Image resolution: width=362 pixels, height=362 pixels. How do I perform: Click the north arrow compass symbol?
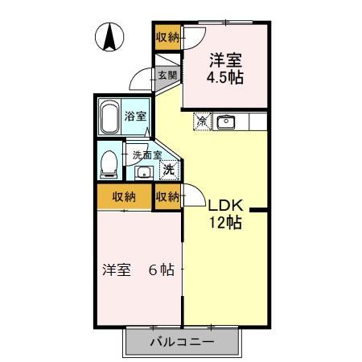click(x=109, y=37)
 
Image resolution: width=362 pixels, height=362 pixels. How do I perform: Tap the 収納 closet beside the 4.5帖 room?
click(x=168, y=37)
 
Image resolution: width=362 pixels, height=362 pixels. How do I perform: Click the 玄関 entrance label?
click(x=167, y=75)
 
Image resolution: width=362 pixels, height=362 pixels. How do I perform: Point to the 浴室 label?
click(x=136, y=116)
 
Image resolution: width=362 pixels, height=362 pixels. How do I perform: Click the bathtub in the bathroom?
click(x=110, y=117)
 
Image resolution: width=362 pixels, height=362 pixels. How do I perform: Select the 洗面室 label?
click(x=147, y=154)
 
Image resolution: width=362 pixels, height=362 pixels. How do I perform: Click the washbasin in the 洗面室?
click(x=144, y=172)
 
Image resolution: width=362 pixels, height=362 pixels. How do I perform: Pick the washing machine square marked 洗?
click(x=168, y=170)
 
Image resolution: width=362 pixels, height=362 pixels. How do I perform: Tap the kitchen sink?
click(x=226, y=122)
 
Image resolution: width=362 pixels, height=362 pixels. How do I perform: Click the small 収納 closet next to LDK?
click(x=168, y=196)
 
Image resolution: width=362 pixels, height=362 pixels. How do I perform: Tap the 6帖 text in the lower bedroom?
click(x=161, y=270)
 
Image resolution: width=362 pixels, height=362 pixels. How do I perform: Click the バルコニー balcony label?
click(x=182, y=342)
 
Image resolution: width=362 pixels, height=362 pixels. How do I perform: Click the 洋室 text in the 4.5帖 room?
click(x=227, y=60)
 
